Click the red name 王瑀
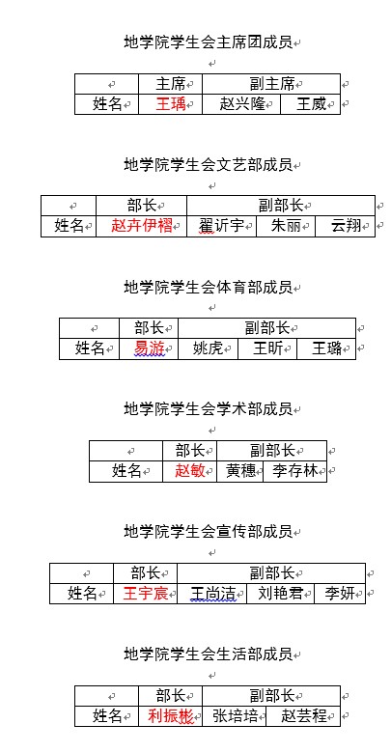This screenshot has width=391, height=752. coord(171,104)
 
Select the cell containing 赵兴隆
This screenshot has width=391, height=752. coord(241,104)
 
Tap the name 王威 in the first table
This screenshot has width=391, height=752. coord(311,104)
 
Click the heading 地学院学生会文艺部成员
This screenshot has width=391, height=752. coord(209,165)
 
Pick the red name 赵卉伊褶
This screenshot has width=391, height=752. coord(142,226)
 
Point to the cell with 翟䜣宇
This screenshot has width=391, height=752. coord(222,226)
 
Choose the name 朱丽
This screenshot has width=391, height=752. coord(286,226)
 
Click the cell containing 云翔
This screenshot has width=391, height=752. coord(345,226)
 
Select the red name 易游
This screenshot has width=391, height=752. coord(149,348)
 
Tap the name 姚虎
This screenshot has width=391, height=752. coord(208,348)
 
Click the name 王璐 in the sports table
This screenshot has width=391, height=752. coord(326,348)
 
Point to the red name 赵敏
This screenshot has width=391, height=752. coord(190,471)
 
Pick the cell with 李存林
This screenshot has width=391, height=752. coord(295,471)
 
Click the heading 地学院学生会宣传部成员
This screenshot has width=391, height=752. coord(209,532)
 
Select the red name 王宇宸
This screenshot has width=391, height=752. coord(146,594)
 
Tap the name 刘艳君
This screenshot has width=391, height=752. coord(280,594)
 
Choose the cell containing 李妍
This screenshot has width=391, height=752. coord(340,594)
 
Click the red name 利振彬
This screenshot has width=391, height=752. coord(171,716)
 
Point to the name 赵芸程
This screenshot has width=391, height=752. coord(304,716)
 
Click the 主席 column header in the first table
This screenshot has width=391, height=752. coord(171,84)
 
